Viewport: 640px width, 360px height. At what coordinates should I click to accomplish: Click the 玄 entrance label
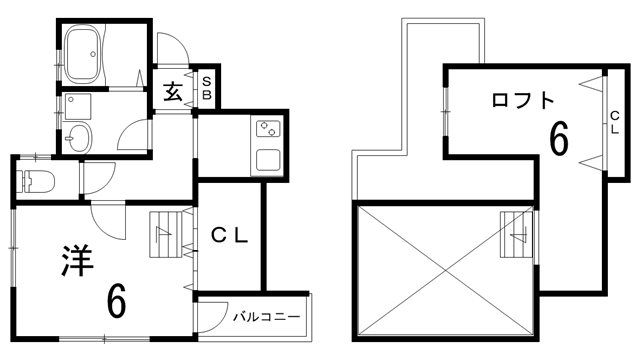(172, 93)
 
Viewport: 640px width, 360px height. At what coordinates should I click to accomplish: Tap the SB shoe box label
(207, 87)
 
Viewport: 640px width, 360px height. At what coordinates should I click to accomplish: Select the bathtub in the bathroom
(88, 51)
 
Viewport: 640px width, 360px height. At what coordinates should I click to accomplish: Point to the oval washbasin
(79, 136)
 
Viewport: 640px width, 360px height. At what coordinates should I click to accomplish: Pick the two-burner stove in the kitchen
(268, 129)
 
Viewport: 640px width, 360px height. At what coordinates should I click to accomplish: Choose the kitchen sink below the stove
(268, 159)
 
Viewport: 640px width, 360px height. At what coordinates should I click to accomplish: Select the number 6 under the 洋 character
(116, 300)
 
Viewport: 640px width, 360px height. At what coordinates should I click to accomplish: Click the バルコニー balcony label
(267, 317)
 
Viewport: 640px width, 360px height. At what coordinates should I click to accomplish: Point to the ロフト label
(522, 100)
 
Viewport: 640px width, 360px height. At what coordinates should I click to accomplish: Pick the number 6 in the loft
(560, 138)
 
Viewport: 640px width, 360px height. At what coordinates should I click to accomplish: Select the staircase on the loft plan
(517, 237)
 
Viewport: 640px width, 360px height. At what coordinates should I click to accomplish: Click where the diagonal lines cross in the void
(444, 268)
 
